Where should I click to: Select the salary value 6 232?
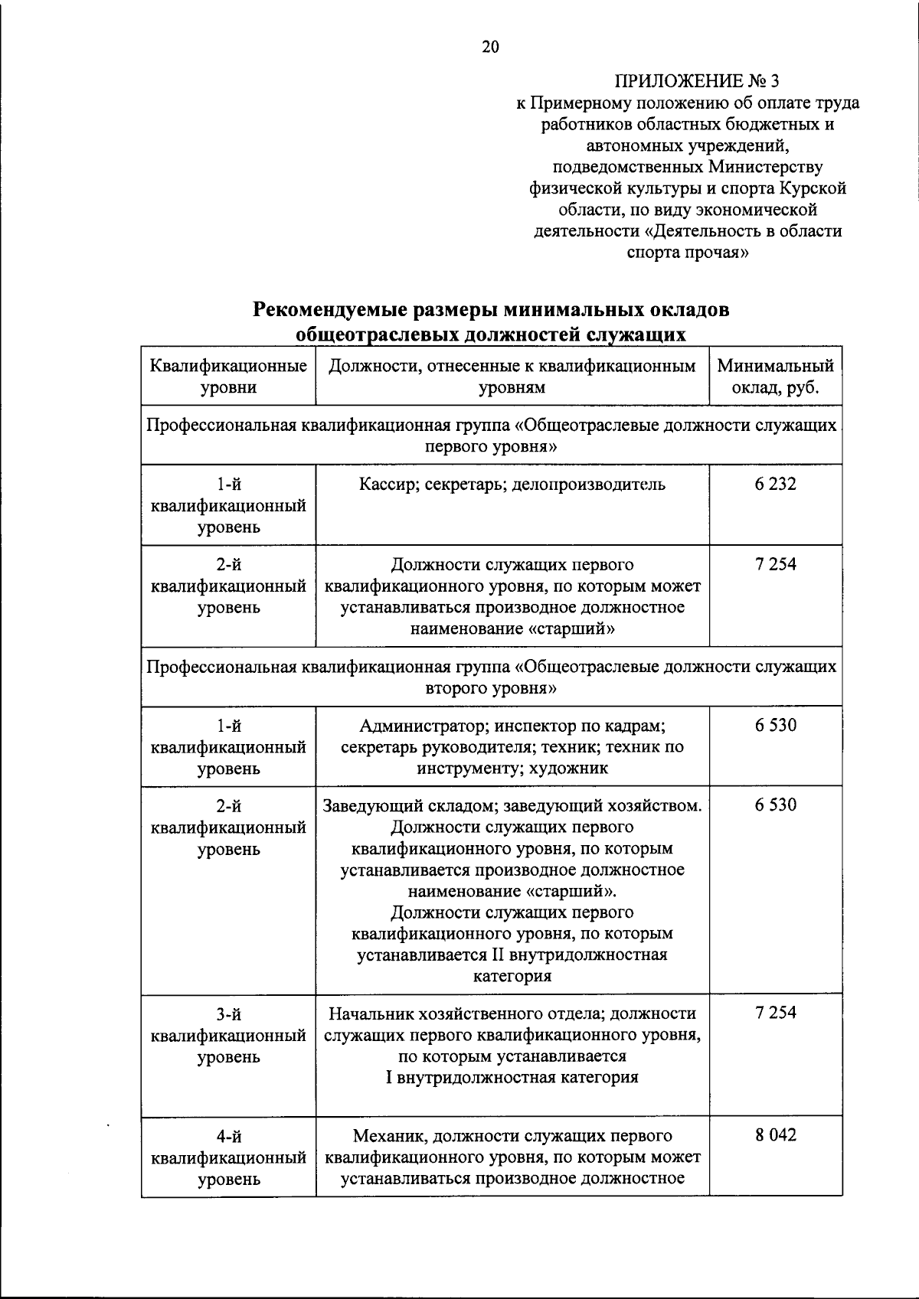[x=775, y=484]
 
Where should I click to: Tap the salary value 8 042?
[x=775, y=1135]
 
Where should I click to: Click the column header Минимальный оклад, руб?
[x=775, y=377]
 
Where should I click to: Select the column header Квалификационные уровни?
[x=228, y=377]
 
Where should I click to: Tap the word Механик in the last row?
[x=386, y=1136]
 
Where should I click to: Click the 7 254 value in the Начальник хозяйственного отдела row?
[x=775, y=1013]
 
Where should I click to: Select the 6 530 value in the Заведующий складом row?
[x=775, y=805]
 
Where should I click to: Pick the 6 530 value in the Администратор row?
[x=775, y=725]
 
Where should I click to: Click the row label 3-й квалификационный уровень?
[x=228, y=1035]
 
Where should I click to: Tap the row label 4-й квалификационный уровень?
[x=228, y=1157]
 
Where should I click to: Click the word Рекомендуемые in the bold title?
[x=329, y=310]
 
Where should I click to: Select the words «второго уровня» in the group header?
[x=490, y=688]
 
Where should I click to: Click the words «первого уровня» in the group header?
[x=490, y=446]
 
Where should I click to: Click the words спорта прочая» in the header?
[x=687, y=253]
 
